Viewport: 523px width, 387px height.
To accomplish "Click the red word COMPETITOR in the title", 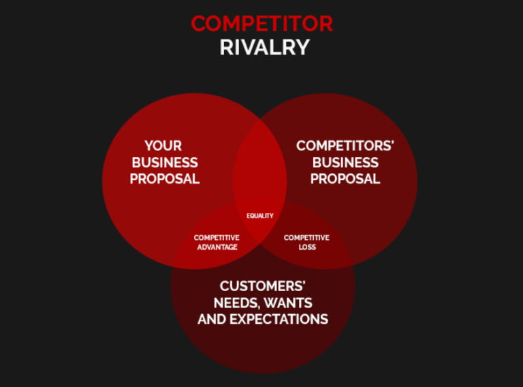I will click(262, 24).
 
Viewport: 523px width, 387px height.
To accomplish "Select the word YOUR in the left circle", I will click(163, 146).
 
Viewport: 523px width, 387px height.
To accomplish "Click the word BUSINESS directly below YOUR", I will click(165, 163).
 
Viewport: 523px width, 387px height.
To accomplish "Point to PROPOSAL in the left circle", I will click(165, 179).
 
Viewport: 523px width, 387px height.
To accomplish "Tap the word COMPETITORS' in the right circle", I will click(345, 146).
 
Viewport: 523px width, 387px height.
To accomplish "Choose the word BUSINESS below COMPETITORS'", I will click(345, 163).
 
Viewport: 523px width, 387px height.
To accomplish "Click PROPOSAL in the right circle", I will click(345, 179).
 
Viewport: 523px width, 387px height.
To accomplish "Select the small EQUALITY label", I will click(260, 216).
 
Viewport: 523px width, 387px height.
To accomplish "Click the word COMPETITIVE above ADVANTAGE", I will click(217, 237).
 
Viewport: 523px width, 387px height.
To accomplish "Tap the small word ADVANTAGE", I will click(217, 247).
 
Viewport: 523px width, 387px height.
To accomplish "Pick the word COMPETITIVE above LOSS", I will click(306, 237).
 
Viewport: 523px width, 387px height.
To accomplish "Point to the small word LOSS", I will click(307, 247).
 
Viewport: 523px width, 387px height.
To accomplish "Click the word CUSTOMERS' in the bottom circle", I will click(263, 286).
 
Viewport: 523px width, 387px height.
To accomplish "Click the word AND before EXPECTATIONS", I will click(212, 319).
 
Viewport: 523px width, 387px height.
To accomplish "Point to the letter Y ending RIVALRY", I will click(302, 48).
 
